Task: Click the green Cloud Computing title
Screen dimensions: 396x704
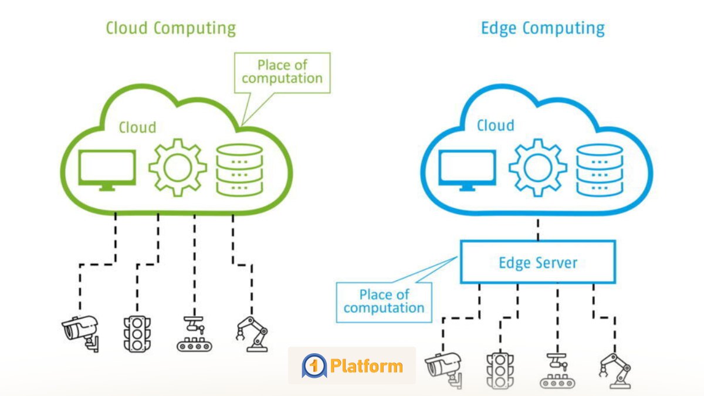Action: click(x=170, y=28)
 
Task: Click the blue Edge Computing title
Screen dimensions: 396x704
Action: click(x=542, y=28)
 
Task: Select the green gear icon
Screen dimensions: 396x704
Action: click(x=177, y=168)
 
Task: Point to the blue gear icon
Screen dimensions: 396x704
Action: click(x=537, y=168)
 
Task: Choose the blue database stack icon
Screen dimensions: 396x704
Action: click(x=598, y=170)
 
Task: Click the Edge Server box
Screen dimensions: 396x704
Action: click(x=538, y=262)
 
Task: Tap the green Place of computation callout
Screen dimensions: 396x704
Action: click(x=282, y=72)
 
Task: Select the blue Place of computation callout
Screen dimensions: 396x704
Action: click(x=384, y=300)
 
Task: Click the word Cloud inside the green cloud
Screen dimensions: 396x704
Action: click(x=137, y=127)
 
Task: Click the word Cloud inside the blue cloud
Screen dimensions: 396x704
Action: click(x=496, y=125)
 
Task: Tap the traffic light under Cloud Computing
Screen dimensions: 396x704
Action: click(x=136, y=334)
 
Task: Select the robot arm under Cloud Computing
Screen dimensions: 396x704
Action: click(x=253, y=334)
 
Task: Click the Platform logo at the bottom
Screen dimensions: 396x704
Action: click(x=352, y=365)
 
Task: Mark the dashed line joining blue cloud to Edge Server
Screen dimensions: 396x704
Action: click(x=538, y=229)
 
